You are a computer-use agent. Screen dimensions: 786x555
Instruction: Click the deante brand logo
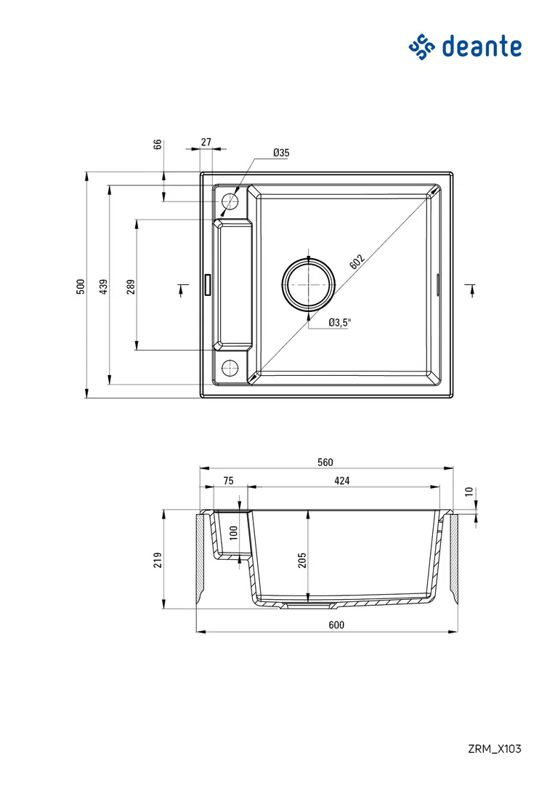pos(465,46)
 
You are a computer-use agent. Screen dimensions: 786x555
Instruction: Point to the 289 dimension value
pos(131,286)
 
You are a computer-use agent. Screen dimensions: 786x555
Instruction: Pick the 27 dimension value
pos(206,143)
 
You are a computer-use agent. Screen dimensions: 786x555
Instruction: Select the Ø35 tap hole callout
pos(281,153)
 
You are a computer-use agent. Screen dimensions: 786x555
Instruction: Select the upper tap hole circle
pos(230,201)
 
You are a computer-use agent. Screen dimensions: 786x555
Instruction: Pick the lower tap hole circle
pos(230,366)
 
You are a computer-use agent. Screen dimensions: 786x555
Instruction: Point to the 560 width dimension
pos(325,462)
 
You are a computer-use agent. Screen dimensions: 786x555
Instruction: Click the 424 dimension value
pos(342,481)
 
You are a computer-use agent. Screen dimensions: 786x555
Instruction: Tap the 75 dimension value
pos(227,481)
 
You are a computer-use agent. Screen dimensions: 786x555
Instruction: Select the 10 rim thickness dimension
pos(469,492)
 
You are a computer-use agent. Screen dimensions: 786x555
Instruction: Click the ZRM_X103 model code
pos(495,748)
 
